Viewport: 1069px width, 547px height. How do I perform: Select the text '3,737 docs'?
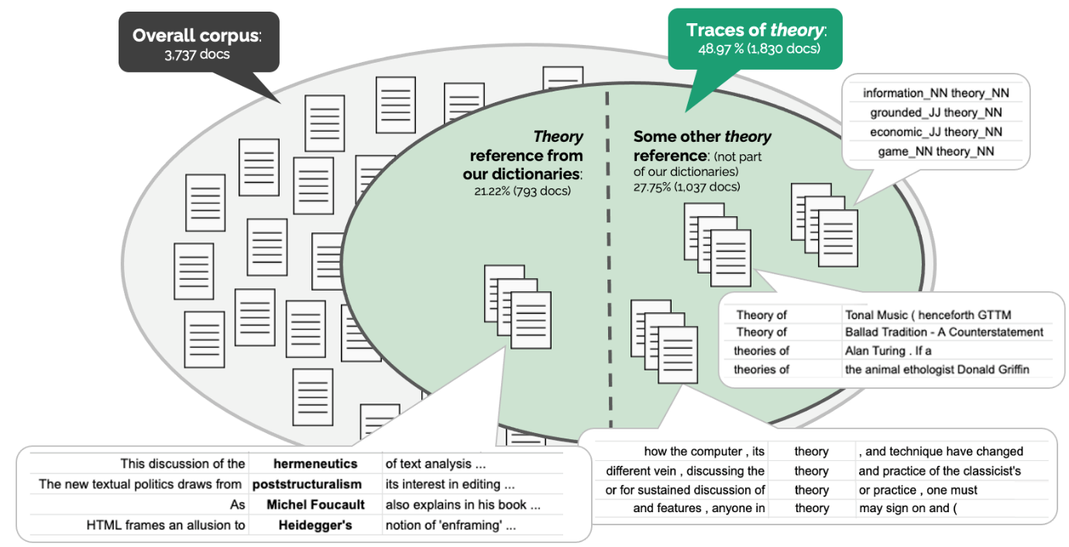[197, 55]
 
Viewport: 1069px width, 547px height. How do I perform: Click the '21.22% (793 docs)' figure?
[522, 190]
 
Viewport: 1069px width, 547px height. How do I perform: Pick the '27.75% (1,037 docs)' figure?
[687, 187]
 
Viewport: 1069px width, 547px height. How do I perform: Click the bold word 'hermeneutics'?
[315, 463]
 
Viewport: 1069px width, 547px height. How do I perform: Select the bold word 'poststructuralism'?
[307, 484]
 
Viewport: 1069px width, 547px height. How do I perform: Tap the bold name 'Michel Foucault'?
[315, 504]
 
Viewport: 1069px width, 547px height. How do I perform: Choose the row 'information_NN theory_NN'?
[936, 93]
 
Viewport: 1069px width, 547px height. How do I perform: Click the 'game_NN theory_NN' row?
[936, 151]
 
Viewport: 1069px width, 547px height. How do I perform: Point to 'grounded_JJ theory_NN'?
[936, 112]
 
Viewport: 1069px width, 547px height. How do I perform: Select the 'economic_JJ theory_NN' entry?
[936, 132]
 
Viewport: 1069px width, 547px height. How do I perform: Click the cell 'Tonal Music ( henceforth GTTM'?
[928, 315]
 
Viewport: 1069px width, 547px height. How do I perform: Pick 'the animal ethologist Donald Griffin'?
[937, 369]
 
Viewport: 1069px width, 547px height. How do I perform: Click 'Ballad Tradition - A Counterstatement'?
[944, 332]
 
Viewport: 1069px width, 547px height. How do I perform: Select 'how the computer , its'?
[704, 451]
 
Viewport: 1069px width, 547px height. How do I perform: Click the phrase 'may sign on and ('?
[909, 508]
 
